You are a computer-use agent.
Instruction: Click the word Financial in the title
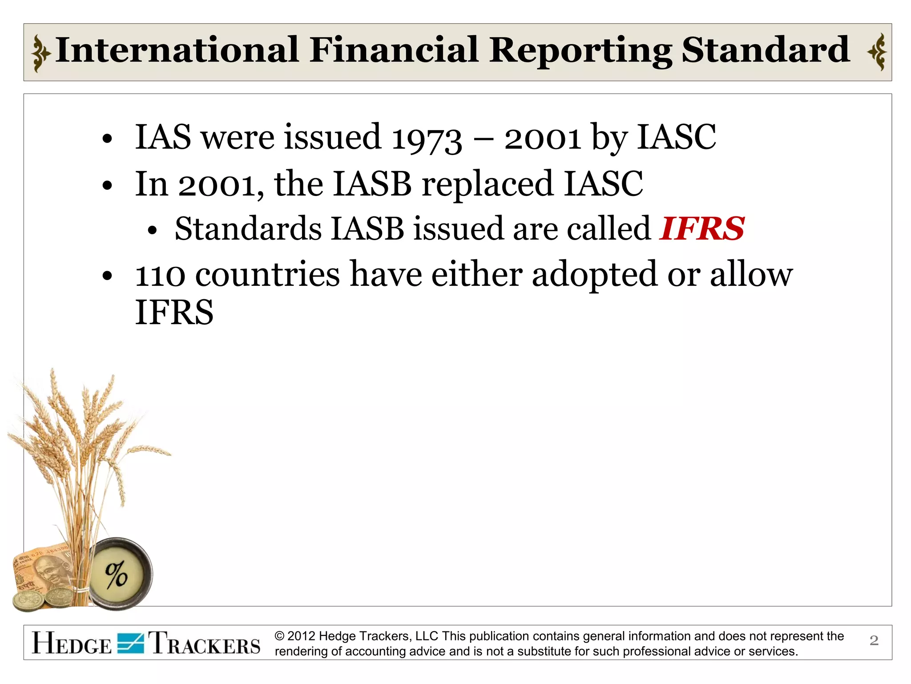[x=394, y=50]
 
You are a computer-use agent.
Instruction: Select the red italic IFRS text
[x=702, y=228]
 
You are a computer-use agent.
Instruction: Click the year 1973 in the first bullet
[x=427, y=138]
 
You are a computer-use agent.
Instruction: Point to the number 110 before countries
[x=160, y=275]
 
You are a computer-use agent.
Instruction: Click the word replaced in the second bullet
[x=487, y=183]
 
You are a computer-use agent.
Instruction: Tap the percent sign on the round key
[x=117, y=575]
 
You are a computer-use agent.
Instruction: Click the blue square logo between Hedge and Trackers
[x=130, y=643]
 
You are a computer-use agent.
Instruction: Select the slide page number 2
[x=874, y=640]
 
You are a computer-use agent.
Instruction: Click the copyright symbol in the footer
[x=279, y=636]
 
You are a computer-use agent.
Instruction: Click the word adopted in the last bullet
[x=594, y=275]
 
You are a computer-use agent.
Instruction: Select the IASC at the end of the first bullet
[x=676, y=137]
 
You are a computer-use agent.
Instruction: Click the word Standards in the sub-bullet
[x=248, y=229]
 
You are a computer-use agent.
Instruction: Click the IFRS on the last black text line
[x=174, y=313]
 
